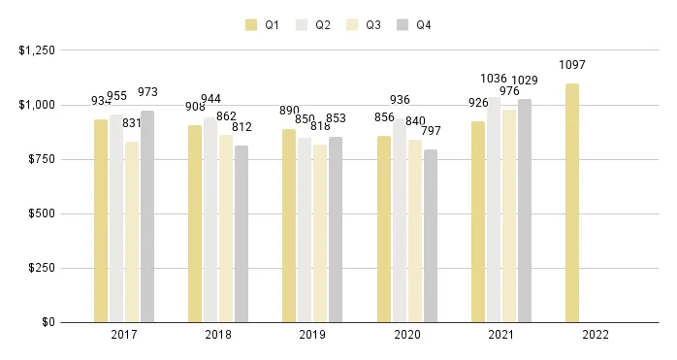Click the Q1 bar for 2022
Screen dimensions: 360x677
click(572, 203)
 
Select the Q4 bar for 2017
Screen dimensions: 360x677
click(147, 216)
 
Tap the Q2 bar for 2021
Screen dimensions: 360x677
click(494, 210)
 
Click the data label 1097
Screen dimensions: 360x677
click(572, 65)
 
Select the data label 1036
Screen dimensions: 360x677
click(494, 79)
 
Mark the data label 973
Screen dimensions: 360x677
click(147, 92)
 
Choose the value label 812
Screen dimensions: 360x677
click(242, 127)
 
